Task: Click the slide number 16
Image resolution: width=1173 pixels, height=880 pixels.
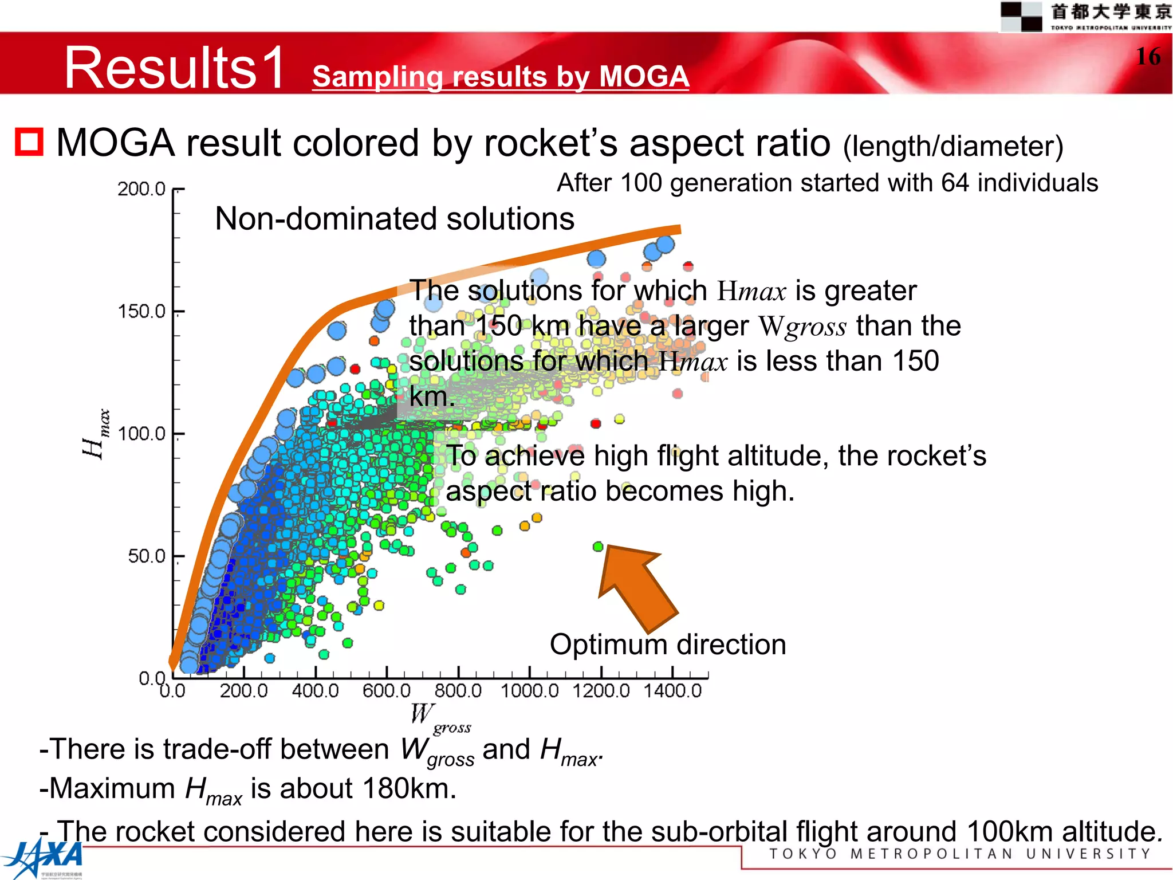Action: click(x=1148, y=57)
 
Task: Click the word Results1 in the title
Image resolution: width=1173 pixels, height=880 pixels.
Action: click(x=175, y=68)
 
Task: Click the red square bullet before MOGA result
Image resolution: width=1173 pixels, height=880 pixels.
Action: click(x=29, y=142)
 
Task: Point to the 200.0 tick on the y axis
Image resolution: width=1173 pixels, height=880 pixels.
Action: click(x=141, y=188)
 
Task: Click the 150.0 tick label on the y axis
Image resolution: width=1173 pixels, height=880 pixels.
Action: click(x=141, y=311)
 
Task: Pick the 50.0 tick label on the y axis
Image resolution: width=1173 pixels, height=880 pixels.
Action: click(x=146, y=556)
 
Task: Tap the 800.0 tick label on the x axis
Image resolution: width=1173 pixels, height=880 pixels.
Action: click(x=458, y=690)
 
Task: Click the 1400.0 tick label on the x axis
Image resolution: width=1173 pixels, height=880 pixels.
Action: click(x=672, y=690)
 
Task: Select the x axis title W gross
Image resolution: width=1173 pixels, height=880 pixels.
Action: click(x=438, y=718)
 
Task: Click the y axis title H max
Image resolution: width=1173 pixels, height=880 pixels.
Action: click(x=95, y=434)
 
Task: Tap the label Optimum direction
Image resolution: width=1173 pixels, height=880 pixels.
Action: click(x=667, y=645)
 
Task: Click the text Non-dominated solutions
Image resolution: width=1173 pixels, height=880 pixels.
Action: click(x=394, y=219)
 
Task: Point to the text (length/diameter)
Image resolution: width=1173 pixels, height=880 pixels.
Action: click(x=952, y=146)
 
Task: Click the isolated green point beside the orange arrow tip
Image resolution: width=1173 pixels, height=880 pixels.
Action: click(x=598, y=547)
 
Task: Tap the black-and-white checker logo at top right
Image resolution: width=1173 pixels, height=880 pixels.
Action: click(x=1021, y=16)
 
